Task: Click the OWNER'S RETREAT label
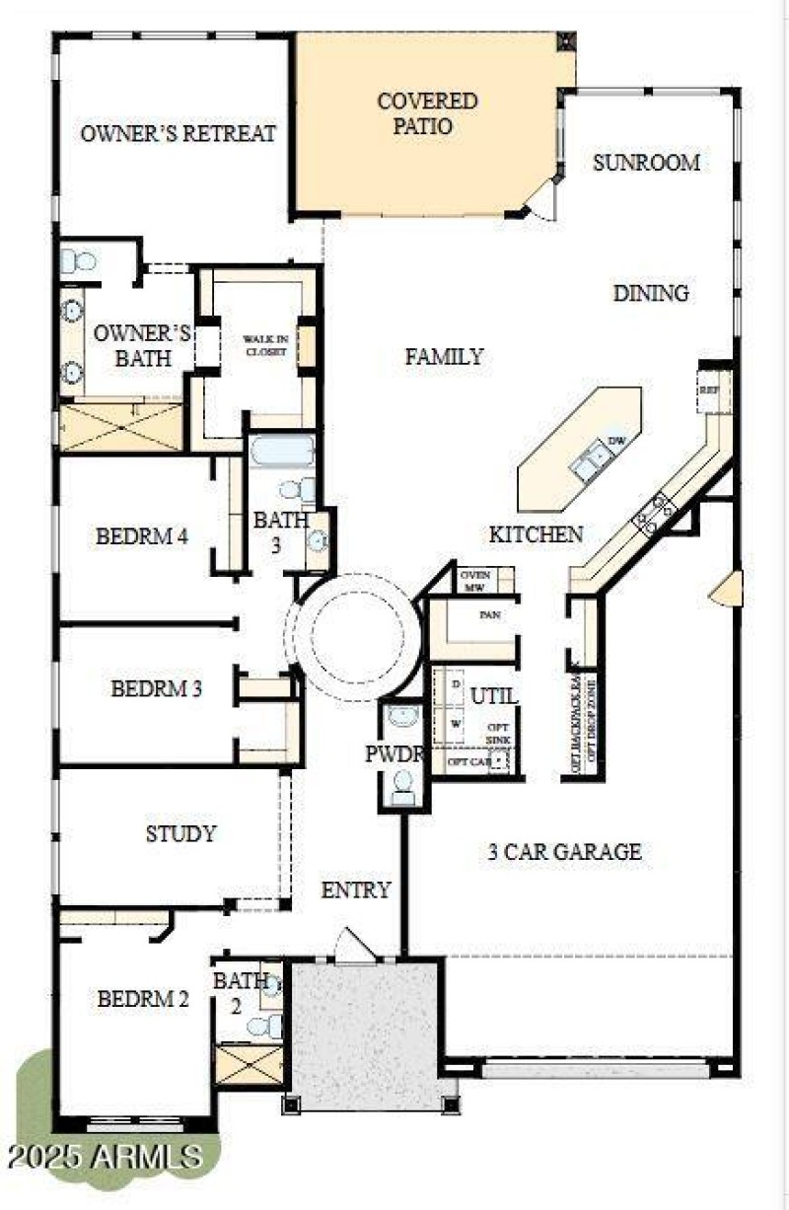pyautogui.click(x=179, y=134)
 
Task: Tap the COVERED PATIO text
pyautogui.click(x=428, y=113)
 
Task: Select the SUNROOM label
pyautogui.click(x=646, y=163)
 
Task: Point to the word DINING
pyautogui.click(x=651, y=293)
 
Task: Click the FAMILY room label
pyautogui.click(x=445, y=357)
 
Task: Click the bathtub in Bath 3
pyautogui.click(x=281, y=452)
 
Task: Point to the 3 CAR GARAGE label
pyautogui.click(x=565, y=851)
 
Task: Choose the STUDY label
pyautogui.click(x=180, y=834)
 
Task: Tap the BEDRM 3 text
pyautogui.click(x=157, y=688)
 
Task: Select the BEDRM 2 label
pyautogui.click(x=142, y=999)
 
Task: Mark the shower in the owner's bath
pyautogui.click(x=121, y=427)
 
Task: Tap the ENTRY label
pyautogui.click(x=356, y=890)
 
